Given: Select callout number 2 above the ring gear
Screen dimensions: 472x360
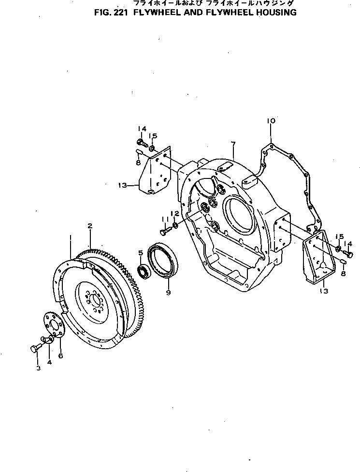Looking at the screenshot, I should tap(90, 226).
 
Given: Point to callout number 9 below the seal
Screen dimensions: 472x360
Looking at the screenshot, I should tap(168, 292).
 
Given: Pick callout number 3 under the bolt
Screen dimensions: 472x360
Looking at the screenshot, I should tap(38, 368).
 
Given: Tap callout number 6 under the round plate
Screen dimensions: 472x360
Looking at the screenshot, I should tap(60, 356).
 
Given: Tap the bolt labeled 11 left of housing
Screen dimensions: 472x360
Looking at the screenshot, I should tap(164, 233).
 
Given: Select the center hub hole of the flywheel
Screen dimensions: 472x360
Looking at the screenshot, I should tap(95, 305).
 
